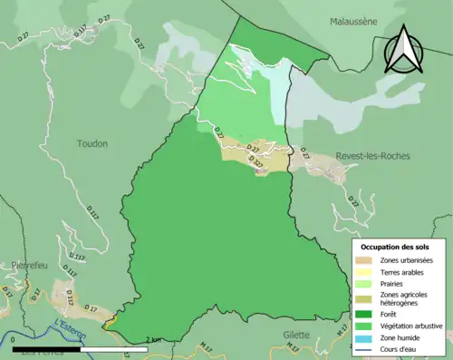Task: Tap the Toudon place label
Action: (x=92, y=143)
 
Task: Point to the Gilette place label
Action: (x=295, y=335)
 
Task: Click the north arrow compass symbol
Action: (x=404, y=49)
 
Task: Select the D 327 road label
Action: (x=256, y=164)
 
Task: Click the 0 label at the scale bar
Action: (x=14, y=339)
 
